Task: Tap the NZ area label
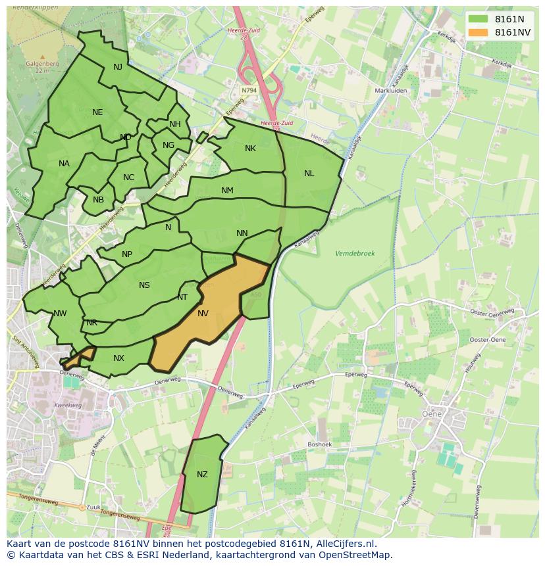(202, 475)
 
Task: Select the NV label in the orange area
(203, 314)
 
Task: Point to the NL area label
(309, 174)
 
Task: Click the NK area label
(250, 149)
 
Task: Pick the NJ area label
(118, 67)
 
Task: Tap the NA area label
(64, 164)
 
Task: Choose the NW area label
(60, 314)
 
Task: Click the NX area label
(118, 358)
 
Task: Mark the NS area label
(144, 285)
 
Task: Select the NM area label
(227, 191)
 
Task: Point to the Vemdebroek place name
(355, 253)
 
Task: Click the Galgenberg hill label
(43, 64)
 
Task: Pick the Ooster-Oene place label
(487, 339)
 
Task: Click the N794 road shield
(249, 90)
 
